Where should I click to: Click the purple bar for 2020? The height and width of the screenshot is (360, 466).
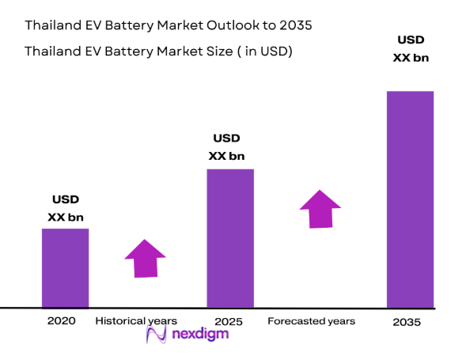coord(65,267)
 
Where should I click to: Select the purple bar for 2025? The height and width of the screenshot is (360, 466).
coord(230,237)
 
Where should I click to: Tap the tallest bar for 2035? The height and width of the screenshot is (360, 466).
coord(410,199)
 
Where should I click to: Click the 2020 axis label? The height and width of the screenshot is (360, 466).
coord(62,320)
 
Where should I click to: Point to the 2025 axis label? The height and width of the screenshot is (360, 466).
coord(229,322)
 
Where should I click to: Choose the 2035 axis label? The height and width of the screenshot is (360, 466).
coord(409,322)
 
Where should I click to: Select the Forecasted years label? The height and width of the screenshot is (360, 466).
coord(311,320)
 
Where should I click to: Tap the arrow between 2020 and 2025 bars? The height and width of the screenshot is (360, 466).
coord(145,258)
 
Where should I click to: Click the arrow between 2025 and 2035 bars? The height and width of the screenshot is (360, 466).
coord(320,209)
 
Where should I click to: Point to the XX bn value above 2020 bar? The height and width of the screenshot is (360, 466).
coord(66,217)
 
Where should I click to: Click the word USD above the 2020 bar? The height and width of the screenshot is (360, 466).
coord(66,199)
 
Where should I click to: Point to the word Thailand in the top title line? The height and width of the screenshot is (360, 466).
coord(51,25)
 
